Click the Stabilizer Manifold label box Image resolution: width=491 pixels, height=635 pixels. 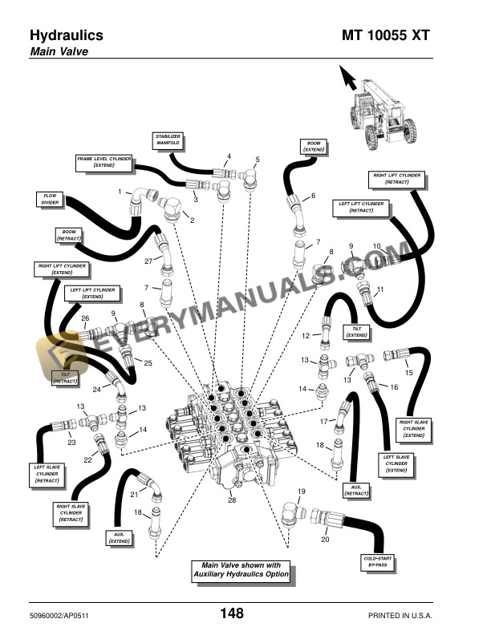[x=168, y=142]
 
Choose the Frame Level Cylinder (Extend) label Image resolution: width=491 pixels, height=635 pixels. [x=103, y=161]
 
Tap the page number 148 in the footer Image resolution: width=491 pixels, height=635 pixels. [x=232, y=613]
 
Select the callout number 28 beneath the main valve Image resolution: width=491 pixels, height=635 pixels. [x=232, y=500]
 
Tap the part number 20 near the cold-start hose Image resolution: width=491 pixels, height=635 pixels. [x=326, y=540]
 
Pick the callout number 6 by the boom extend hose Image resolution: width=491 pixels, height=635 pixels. [x=313, y=196]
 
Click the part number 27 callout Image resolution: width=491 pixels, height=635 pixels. [x=148, y=261]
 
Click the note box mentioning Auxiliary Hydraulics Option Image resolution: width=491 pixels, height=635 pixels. [x=241, y=571]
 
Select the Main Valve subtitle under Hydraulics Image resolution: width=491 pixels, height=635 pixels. [x=59, y=52]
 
